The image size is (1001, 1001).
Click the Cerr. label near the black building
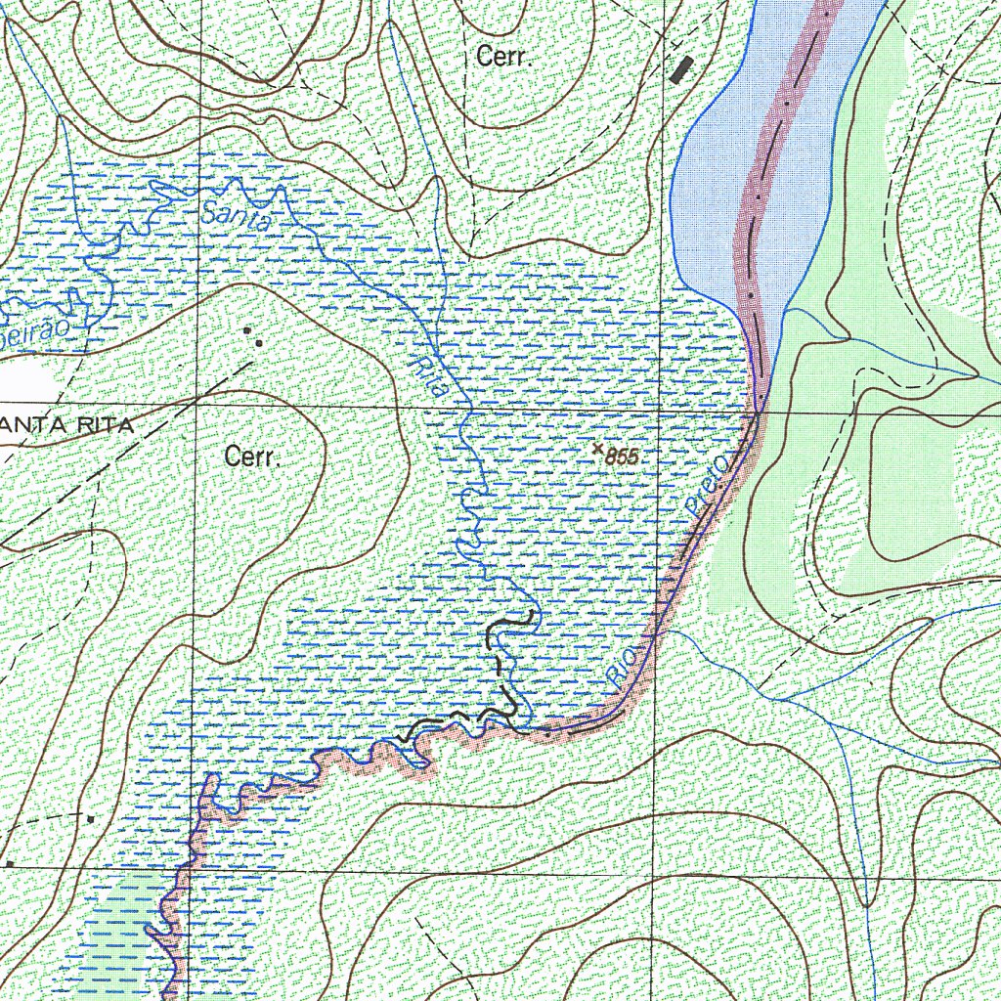503,58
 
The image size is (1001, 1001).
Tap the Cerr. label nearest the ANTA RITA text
252,457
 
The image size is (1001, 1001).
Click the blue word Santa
235,216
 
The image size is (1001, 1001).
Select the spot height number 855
622,457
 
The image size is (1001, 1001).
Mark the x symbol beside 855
597,448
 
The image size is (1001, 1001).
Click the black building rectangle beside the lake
682,68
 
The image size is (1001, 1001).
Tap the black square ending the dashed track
90,817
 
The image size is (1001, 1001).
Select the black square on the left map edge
9,864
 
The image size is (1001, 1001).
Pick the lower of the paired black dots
259,343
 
